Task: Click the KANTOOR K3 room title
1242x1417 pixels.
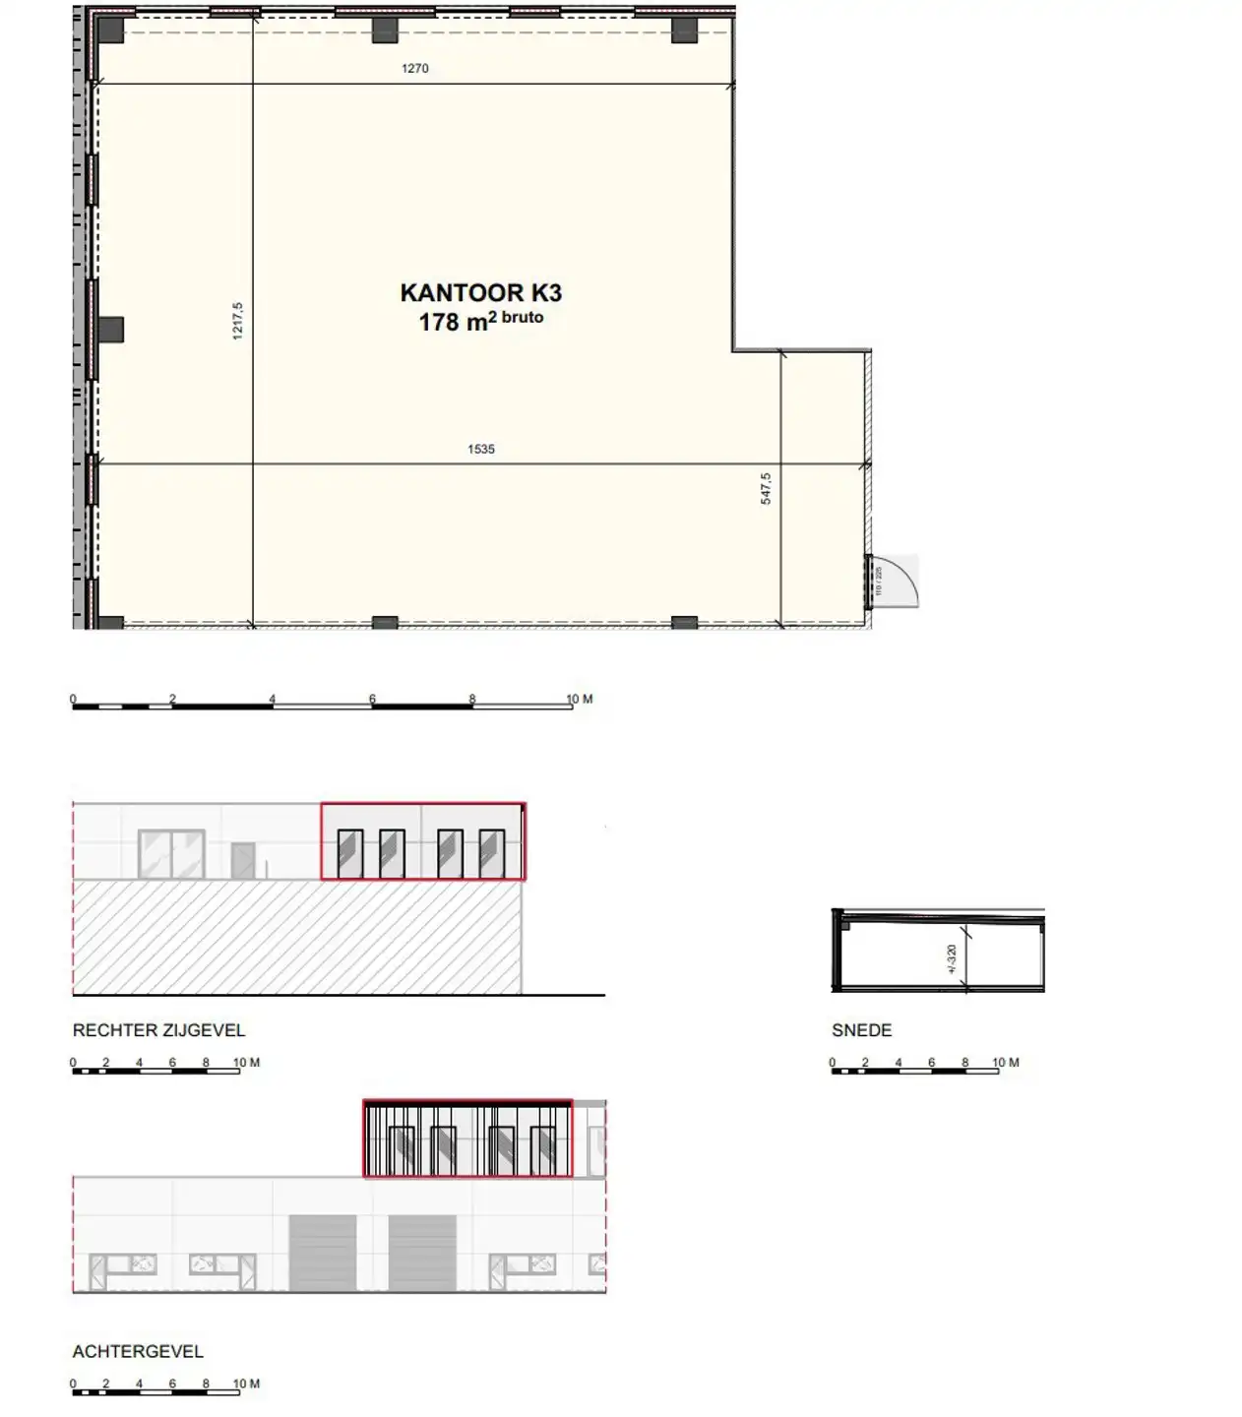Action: point(480,292)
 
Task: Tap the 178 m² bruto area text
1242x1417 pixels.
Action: point(480,321)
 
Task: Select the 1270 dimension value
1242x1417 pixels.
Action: point(415,68)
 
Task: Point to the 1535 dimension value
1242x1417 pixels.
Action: point(481,449)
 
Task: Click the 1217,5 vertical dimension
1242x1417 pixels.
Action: point(237,321)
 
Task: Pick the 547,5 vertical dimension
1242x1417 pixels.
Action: point(766,488)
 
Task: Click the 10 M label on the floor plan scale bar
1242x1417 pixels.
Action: point(580,699)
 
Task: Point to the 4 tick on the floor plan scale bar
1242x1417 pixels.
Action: point(273,700)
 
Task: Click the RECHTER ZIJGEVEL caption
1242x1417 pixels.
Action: point(158,1030)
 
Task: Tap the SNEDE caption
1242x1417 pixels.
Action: point(861,1030)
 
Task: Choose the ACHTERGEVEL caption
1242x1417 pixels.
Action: point(138,1351)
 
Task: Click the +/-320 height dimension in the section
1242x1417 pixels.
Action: point(952,958)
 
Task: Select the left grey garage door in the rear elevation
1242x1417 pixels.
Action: point(322,1253)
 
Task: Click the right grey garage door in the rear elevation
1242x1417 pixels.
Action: point(422,1253)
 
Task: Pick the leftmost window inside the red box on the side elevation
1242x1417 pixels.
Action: point(350,853)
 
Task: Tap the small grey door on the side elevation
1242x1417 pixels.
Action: point(243,860)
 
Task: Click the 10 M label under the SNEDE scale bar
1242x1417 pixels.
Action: point(1006,1063)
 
